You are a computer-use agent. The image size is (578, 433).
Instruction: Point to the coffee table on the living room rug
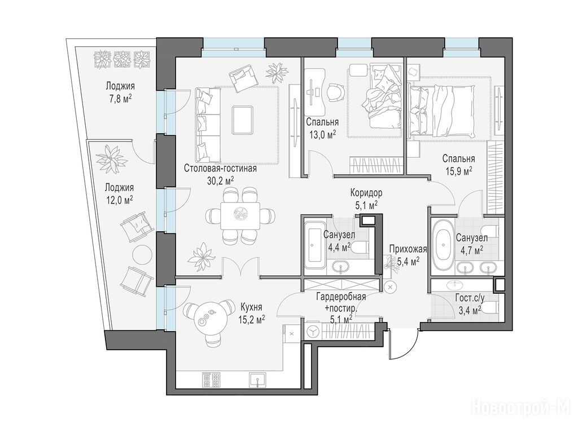[x=242, y=120]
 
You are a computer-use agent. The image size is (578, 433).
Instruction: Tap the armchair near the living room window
[x=242, y=78]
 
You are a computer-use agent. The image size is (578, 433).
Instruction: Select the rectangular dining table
[x=240, y=216]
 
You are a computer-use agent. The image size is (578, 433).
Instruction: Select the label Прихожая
[x=408, y=249]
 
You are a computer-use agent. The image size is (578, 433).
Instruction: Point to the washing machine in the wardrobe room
[x=313, y=331]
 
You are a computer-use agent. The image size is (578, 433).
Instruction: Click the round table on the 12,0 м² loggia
[x=142, y=254]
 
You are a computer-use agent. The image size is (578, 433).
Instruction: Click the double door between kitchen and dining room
[x=240, y=266]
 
